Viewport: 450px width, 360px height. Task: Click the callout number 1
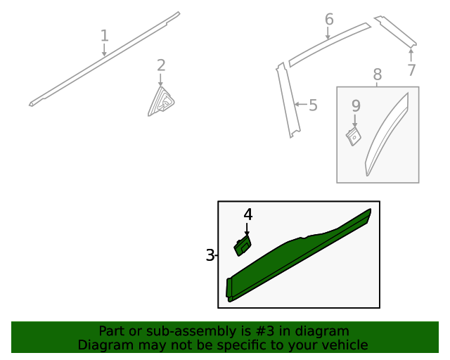click(x=105, y=36)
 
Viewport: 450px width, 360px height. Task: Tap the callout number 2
click(x=161, y=65)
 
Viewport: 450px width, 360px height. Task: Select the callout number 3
click(x=210, y=255)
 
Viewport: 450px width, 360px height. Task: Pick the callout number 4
click(x=248, y=214)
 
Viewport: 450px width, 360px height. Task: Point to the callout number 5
click(x=313, y=105)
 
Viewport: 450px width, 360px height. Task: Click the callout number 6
click(x=329, y=19)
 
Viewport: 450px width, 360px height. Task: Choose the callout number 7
click(x=411, y=70)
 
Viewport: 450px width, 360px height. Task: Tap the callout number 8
click(x=378, y=75)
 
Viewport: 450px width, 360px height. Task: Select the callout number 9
click(x=356, y=105)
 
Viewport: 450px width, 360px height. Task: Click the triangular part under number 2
click(x=161, y=102)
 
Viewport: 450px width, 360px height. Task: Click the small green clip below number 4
click(x=243, y=245)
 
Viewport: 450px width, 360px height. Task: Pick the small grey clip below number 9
click(x=353, y=136)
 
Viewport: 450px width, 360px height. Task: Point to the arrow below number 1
click(x=104, y=50)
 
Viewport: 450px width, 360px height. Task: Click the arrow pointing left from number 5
click(x=301, y=104)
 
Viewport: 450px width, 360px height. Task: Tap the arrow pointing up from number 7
click(x=411, y=55)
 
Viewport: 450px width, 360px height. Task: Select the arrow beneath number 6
click(x=328, y=33)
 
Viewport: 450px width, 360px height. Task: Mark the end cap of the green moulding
click(x=229, y=288)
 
